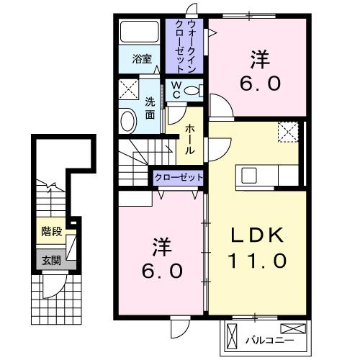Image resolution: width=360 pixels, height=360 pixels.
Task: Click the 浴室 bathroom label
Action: [x=141, y=60]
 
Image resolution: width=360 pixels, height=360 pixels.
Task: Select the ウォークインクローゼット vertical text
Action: [x=185, y=45]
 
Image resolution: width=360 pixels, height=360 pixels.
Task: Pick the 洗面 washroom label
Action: [x=150, y=107]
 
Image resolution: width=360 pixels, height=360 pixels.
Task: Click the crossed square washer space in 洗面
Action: [x=130, y=91]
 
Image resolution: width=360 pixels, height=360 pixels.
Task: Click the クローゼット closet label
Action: [x=177, y=177]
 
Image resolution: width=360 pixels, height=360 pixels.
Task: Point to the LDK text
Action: [x=257, y=235]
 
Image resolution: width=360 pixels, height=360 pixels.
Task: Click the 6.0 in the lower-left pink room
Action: [x=159, y=272]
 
